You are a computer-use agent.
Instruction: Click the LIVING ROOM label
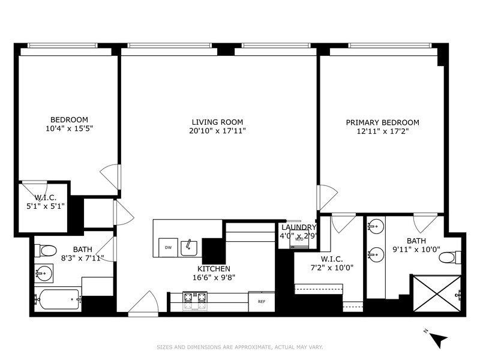click(215, 122)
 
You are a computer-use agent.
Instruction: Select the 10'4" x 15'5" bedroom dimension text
click(69, 128)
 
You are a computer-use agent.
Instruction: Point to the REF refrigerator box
click(262, 301)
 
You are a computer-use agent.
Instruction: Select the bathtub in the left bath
click(58, 298)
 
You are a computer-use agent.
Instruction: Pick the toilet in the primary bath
click(448, 258)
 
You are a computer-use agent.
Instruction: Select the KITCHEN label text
click(214, 269)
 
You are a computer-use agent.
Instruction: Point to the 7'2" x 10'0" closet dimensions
click(329, 267)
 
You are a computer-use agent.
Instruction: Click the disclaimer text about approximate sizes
click(239, 347)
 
